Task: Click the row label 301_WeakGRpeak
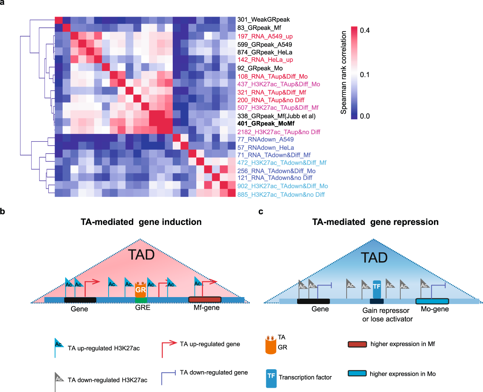coord(264,20)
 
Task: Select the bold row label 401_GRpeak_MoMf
coord(266,123)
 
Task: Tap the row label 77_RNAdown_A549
coord(265,139)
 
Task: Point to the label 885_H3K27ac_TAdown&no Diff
coord(281,194)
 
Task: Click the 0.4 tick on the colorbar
coord(365,30)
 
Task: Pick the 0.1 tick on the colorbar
coord(365,74)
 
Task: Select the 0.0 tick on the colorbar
coord(365,116)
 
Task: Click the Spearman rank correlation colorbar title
coord(344,73)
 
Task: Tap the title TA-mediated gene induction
coord(141,222)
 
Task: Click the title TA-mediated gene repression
coord(375,222)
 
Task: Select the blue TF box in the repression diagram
coord(377,289)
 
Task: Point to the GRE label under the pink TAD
coord(143,308)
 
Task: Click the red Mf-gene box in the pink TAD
coord(205,299)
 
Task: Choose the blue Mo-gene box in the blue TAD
coord(432,301)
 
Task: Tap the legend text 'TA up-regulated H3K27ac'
coord(104,348)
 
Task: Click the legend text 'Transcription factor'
coord(305,377)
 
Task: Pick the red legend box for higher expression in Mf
coord(357,344)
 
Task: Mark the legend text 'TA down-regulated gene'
coord(214,372)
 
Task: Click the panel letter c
coord(261,211)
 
